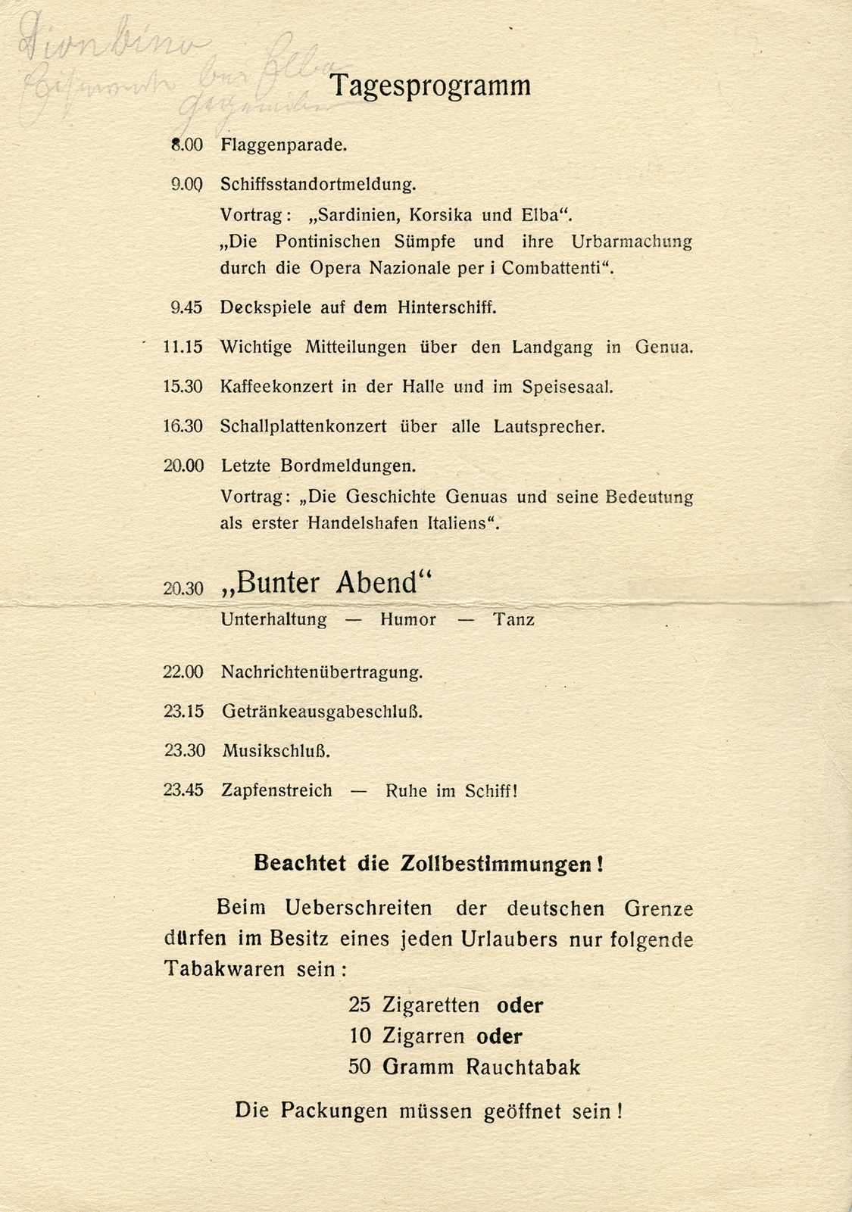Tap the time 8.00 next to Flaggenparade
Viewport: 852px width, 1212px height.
(x=187, y=145)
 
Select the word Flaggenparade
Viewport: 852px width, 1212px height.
(x=283, y=145)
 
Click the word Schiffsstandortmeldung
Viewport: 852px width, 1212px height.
(x=318, y=184)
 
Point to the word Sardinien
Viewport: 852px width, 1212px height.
(x=355, y=215)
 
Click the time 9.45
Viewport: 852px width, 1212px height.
(x=186, y=307)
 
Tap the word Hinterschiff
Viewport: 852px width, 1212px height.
(x=449, y=307)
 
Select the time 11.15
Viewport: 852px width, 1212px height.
(x=183, y=347)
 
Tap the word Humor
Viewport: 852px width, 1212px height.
(x=407, y=620)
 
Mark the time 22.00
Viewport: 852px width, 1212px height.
(x=183, y=672)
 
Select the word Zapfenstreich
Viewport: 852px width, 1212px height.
(x=276, y=791)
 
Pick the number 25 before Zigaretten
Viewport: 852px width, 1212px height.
(x=360, y=1005)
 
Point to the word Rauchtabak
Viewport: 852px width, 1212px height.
(x=523, y=1067)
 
